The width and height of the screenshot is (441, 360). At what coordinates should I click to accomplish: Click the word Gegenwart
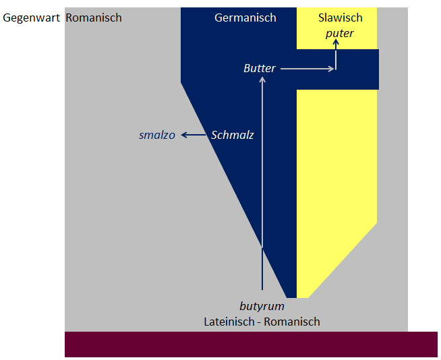tap(31, 18)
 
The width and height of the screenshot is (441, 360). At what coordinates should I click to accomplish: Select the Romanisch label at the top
tap(94, 18)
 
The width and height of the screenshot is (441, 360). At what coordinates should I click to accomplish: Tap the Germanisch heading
tap(245, 18)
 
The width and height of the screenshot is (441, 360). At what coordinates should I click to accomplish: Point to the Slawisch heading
tap(341, 18)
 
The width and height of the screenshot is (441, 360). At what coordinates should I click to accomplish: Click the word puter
tap(339, 34)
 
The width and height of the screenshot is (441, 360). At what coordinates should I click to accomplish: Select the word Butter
tap(260, 68)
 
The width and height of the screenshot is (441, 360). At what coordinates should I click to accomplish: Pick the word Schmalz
tap(233, 135)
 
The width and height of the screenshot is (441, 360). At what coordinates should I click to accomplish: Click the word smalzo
tap(157, 136)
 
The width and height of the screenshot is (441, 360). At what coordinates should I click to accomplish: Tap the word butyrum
tap(262, 306)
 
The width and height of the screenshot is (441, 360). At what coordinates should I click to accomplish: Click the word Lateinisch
tap(229, 322)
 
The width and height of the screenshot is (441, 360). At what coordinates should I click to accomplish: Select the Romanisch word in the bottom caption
tap(292, 322)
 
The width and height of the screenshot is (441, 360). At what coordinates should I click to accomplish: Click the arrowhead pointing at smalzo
tap(184, 136)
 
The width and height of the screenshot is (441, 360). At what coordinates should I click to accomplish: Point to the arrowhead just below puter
tap(336, 42)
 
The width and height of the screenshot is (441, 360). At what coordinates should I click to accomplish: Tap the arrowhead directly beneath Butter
tap(262, 80)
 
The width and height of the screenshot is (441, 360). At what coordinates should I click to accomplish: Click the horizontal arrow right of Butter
tap(307, 69)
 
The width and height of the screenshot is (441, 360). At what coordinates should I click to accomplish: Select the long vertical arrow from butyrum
tap(262, 183)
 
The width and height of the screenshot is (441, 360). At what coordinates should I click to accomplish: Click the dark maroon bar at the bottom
tap(251, 344)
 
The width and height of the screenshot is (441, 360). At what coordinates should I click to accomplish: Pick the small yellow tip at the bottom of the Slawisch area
tap(303, 295)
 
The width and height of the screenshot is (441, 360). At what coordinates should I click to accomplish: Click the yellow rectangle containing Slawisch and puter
tap(336, 28)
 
